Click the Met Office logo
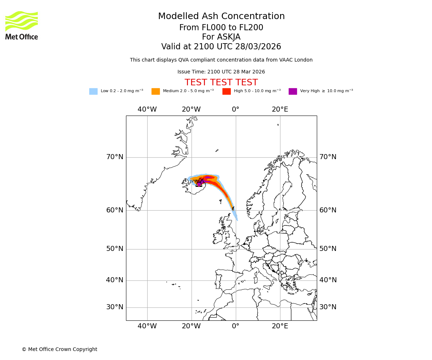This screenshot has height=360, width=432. (x=22, y=25)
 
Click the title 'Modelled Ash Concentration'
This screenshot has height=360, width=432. (x=221, y=17)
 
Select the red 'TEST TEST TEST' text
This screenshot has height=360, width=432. (x=221, y=83)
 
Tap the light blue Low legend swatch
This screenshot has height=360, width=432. (x=93, y=91)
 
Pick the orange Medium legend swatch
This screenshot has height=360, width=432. (x=156, y=91)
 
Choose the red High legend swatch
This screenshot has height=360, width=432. (x=226, y=91)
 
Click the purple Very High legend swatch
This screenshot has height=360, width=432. (x=293, y=91)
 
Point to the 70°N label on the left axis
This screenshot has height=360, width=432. (x=114, y=157)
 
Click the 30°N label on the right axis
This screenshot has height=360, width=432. (x=328, y=307)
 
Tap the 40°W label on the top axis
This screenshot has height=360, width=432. (x=147, y=109)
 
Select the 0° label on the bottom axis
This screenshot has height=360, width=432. (x=235, y=326)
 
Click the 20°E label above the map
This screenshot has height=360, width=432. (x=280, y=109)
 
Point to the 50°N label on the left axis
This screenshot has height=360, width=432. (x=114, y=249)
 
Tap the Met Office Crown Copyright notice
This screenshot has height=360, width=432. (x=59, y=349)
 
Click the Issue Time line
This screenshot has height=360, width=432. (x=221, y=72)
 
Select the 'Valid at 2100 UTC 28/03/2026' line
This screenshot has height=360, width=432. (x=221, y=47)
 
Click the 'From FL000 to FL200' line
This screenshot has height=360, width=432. (x=221, y=28)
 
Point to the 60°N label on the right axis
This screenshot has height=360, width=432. (x=328, y=210)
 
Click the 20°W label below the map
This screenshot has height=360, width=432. (x=191, y=326)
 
